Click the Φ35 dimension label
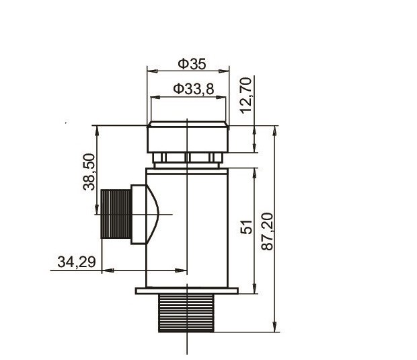coord(192,64)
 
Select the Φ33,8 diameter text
coord(193,89)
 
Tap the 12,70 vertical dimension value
coord(245,96)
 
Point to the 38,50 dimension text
coord(89,172)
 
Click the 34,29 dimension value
coord(77,262)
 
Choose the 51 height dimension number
coord(246,227)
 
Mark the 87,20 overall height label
coord(267,231)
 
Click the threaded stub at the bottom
coord(186,313)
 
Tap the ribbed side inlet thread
coord(116,214)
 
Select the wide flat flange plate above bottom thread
coord(187,291)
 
